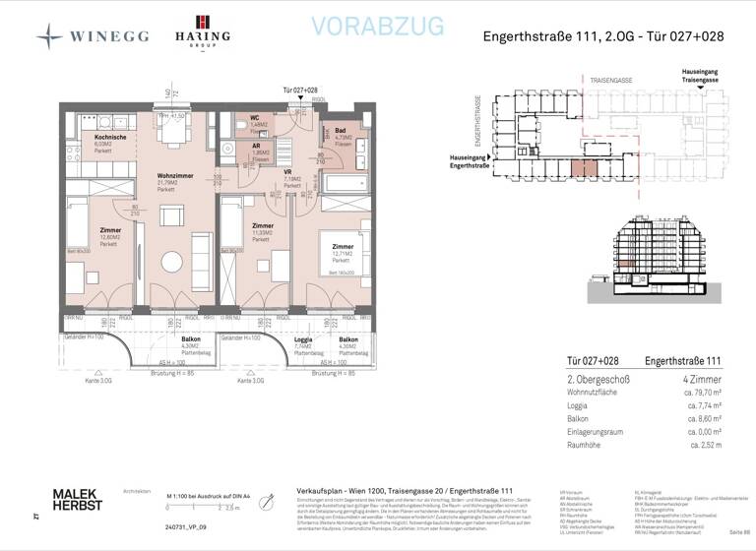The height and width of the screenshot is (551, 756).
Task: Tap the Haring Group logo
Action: pyautogui.click(x=202, y=32)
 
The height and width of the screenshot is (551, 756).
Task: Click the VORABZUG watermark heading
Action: pyautogui.click(x=377, y=28)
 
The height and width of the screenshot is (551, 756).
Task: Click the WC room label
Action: pyautogui.click(x=254, y=118)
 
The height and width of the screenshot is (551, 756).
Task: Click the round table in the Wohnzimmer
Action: pyautogui.click(x=173, y=261)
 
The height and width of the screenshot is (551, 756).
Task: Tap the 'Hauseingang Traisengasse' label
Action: pyautogui.click(x=706, y=77)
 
